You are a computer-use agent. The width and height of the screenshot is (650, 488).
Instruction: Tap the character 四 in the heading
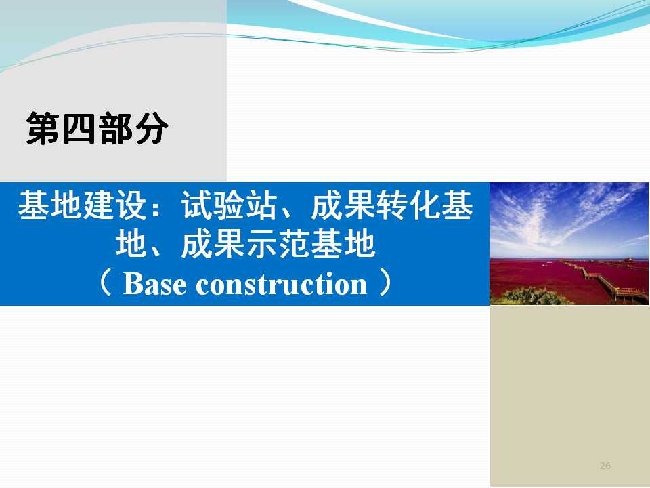pyautogui.click(x=79, y=128)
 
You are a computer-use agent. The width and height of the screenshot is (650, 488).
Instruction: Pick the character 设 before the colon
pyautogui.click(x=131, y=205)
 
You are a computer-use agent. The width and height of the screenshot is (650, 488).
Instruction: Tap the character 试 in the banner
pyautogui.click(x=196, y=205)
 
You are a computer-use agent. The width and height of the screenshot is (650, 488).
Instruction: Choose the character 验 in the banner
pyautogui.click(x=229, y=205)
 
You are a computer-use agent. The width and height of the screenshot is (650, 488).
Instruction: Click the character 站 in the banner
pyautogui.click(x=261, y=205)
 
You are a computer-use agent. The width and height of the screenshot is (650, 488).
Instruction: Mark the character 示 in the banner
pyautogui.click(x=261, y=244)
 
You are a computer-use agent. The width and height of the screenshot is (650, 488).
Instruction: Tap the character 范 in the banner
pyautogui.click(x=294, y=244)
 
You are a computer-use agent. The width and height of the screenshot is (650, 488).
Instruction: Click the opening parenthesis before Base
pyautogui.click(x=106, y=283)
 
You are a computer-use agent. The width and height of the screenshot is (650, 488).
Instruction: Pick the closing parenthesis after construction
pyautogui.click(x=385, y=283)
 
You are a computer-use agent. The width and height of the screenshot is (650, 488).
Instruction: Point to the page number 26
pyautogui.click(x=605, y=466)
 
